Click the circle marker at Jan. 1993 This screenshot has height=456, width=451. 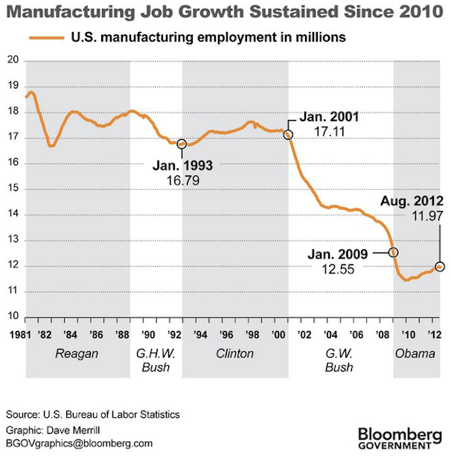tap(182, 143)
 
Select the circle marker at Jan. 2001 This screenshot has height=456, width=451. tap(288, 135)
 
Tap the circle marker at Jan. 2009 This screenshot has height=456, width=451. tap(394, 253)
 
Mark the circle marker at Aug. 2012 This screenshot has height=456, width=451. tap(440, 267)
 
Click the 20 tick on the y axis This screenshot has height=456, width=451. tap(11, 61)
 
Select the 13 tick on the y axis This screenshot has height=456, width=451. tap(11, 240)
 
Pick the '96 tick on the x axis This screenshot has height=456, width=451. tap(226, 332)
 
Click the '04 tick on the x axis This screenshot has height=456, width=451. tap(333, 332)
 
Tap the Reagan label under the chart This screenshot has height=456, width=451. tap(77, 353)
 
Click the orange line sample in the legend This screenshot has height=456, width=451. tap(45, 37)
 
